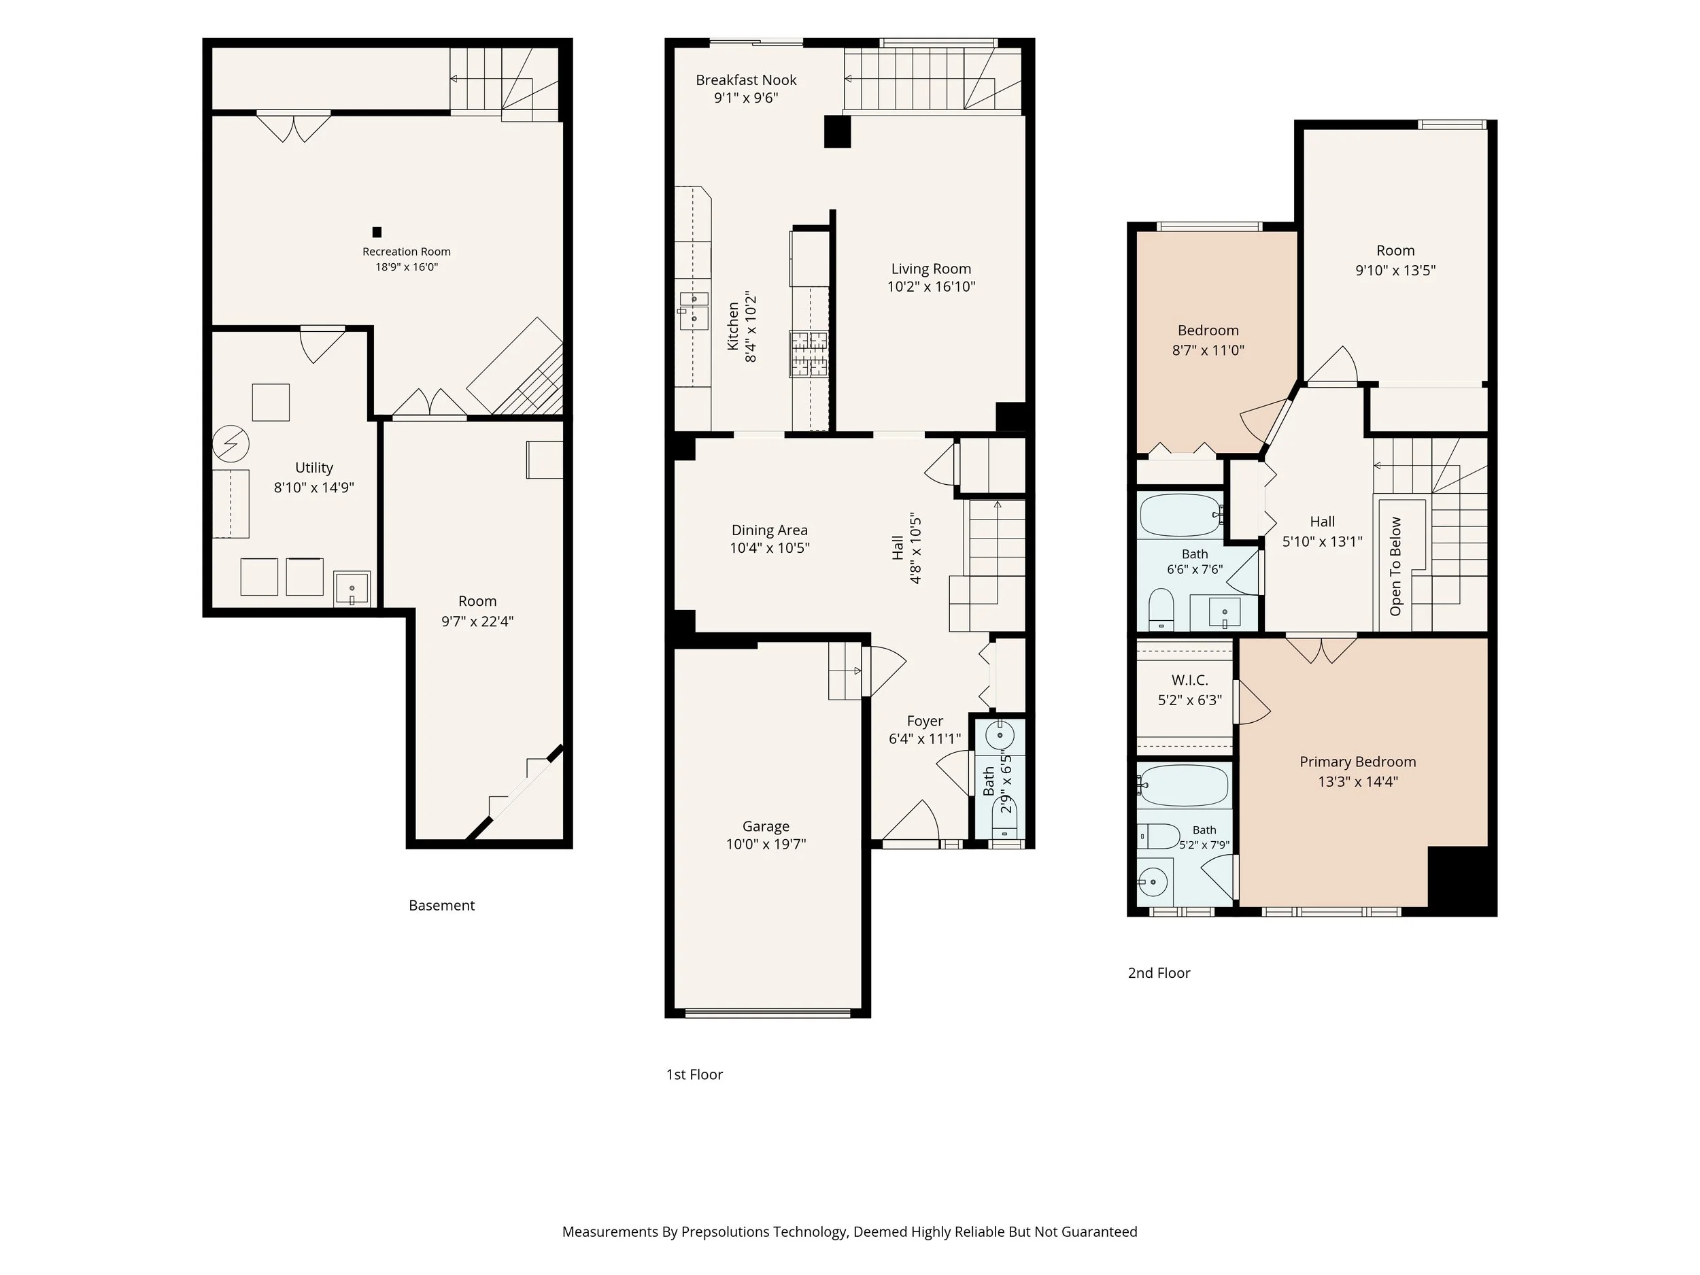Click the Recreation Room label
[407, 252]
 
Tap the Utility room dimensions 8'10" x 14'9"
[313, 488]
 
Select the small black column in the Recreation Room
[377, 232]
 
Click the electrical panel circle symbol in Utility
[231, 443]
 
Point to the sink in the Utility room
[352, 589]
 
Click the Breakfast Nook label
[746, 80]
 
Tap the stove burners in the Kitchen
[809, 354]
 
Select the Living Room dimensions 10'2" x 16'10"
[932, 287]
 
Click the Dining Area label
[769, 530]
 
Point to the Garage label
[766, 826]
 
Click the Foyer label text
[925, 721]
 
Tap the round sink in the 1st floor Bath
[1000, 736]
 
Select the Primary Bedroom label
[1357, 762]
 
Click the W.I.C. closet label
[1190, 680]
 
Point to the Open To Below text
[1395, 566]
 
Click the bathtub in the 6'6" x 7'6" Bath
[1181, 515]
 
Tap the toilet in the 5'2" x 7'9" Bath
[1159, 836]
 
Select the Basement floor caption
[441, 905]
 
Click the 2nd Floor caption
[1159, 973]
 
